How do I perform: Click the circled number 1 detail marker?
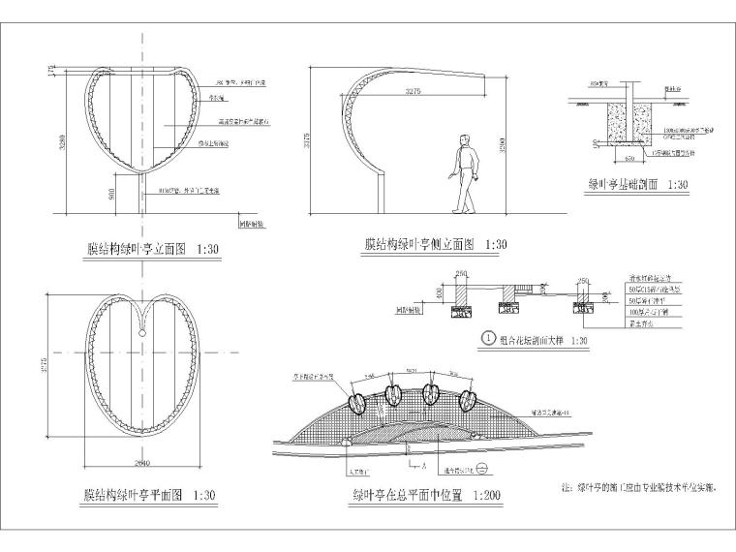[490, 340]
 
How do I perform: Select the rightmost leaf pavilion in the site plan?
[468, 399]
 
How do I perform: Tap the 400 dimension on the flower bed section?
[440, 291]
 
